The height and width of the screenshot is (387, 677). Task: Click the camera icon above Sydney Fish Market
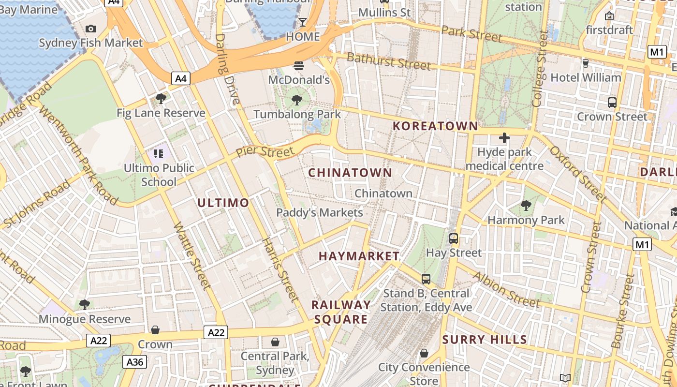pos(90,29)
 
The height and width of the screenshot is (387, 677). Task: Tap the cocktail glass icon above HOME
pos(303,22)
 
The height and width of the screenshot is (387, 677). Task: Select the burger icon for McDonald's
pos(299,65)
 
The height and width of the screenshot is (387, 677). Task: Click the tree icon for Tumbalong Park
pos(297,100)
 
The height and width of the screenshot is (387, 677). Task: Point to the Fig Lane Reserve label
pos(161,113)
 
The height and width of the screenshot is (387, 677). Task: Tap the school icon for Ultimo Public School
pos(158,154)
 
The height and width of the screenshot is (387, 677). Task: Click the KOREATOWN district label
pos(435,126)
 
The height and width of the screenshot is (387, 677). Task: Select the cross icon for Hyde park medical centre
pos(504,138)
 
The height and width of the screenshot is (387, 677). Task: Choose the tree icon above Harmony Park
pos(526,206)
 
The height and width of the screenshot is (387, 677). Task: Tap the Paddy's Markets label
pos(319,212)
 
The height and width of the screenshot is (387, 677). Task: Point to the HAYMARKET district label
pos(359,256)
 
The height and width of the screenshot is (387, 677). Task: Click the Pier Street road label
pos(265,152)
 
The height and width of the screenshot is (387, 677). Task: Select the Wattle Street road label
pos(192,256)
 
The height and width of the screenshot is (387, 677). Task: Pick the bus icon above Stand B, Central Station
pos(426,279)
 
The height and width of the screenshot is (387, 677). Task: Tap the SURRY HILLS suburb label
pos(485,340)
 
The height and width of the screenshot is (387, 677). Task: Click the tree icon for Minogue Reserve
pos(85,304)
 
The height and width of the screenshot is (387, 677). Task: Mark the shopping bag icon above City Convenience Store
pos(424,353)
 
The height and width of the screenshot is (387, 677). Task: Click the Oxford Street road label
pos(577,174)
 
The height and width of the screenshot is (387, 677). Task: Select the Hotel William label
pos(586,77)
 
